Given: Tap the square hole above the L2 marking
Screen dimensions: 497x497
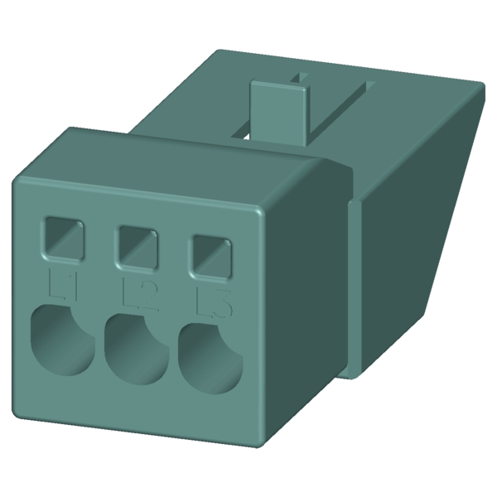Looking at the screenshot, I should coord(138,245).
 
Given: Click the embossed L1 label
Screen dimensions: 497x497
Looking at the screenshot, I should coord(64,285).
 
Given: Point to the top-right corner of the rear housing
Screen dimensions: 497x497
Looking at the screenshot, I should coord(480,84).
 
